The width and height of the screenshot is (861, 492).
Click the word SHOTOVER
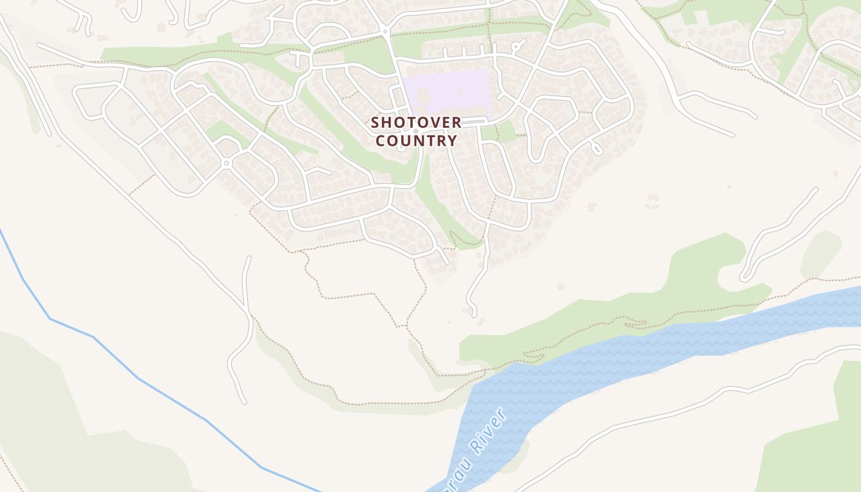pyautogui.click(x=416, y=122)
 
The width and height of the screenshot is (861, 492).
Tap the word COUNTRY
pyautogui.click(x=416, y=141)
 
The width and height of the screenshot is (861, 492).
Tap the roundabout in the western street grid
pyautogui.click(x=227, y=163)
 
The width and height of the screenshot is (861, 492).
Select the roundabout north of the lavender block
pyautogui.click(x=385, y=30)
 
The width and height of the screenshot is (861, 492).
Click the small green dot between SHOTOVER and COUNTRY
pyautogui.click(x=416, y=131)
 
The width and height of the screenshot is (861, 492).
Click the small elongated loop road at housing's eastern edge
pyautogui.click(x=596, y=148)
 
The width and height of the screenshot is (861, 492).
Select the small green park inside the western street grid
pyautogui.click(x=221, y=130)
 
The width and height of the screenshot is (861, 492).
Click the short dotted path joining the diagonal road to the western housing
pyautogui.click(x=141, y=184)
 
